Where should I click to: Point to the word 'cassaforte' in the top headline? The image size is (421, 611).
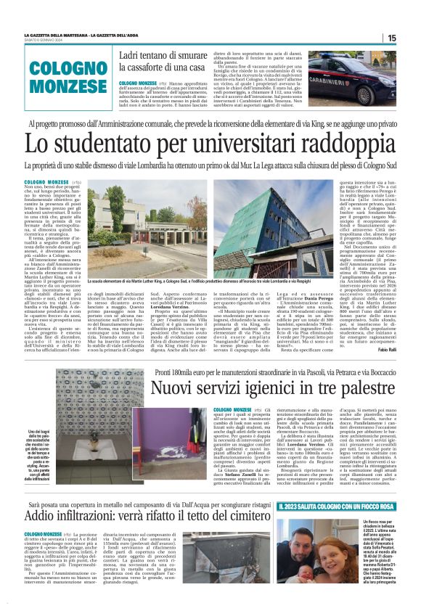[x=169, y=68]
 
